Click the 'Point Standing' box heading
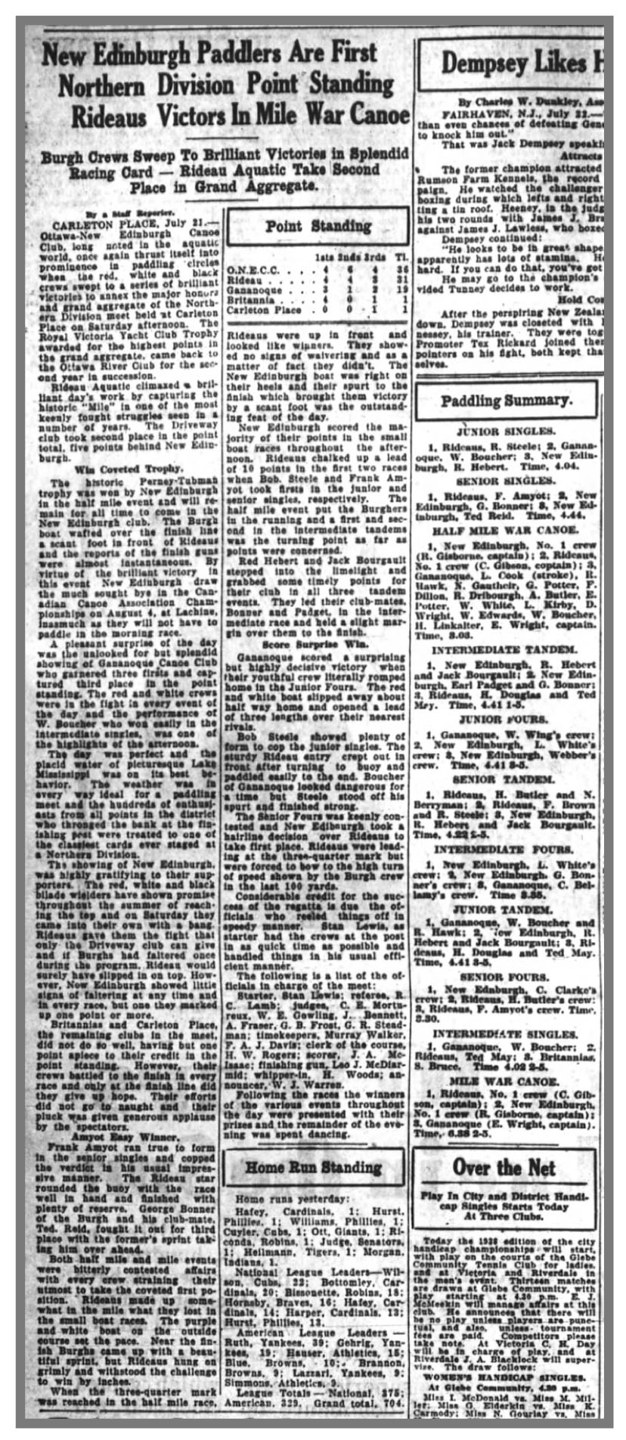[317, 226]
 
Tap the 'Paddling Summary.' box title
[507, 401]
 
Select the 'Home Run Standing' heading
[313, 1168]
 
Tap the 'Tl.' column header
[401, 257]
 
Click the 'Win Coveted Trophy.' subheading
[126, 469]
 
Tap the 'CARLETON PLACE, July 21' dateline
[117, 225]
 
